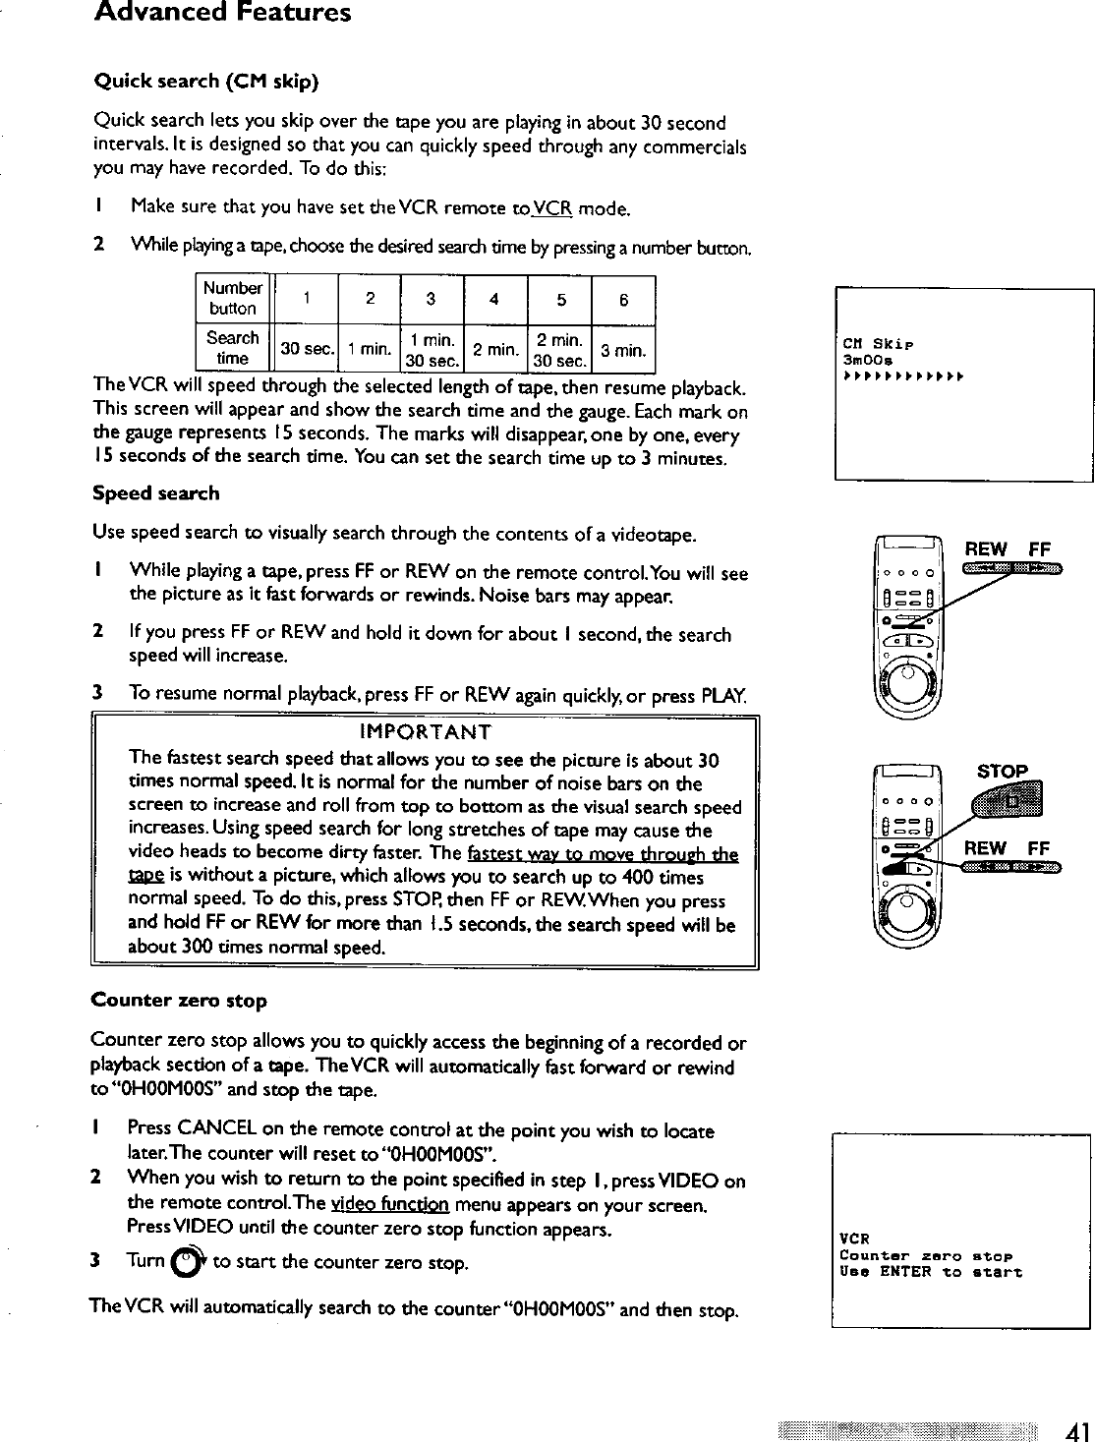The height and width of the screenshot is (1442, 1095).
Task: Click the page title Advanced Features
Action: tap(222, 14)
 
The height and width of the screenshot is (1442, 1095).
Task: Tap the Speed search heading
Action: tap(155, 493)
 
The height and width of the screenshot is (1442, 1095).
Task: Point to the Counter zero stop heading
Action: tap(179, 1001)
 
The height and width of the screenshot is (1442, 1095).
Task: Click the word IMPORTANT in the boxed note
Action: tap(426, 732)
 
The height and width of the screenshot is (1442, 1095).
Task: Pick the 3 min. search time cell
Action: tap(623, 349)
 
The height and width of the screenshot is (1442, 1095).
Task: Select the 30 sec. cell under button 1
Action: tap(305, 349)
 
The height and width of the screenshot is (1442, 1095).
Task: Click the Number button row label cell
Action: tap(233, 298)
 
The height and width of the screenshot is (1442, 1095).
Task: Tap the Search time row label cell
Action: tap(233, 347)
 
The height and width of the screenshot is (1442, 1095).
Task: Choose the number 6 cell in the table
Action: tap(623, 299)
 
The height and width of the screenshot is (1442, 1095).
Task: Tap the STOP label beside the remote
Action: tap(1002, 772)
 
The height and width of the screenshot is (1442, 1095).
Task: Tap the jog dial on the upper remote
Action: tap(907, 676)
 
